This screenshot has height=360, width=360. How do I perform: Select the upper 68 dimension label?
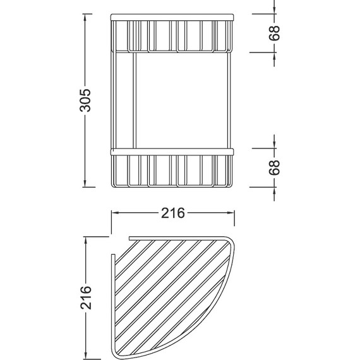[x=274, y=33]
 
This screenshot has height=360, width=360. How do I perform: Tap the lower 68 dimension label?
[x=274, y=167]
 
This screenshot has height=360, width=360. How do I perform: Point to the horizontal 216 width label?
[x=172, y=213]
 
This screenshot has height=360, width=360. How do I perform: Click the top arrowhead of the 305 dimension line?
[x=86, y=16]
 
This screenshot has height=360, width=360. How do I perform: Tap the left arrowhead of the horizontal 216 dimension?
[x=115, y=213]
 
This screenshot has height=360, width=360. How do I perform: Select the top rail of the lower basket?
[x=172, y=152]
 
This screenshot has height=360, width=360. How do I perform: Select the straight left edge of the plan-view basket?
[x=112, y=303]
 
